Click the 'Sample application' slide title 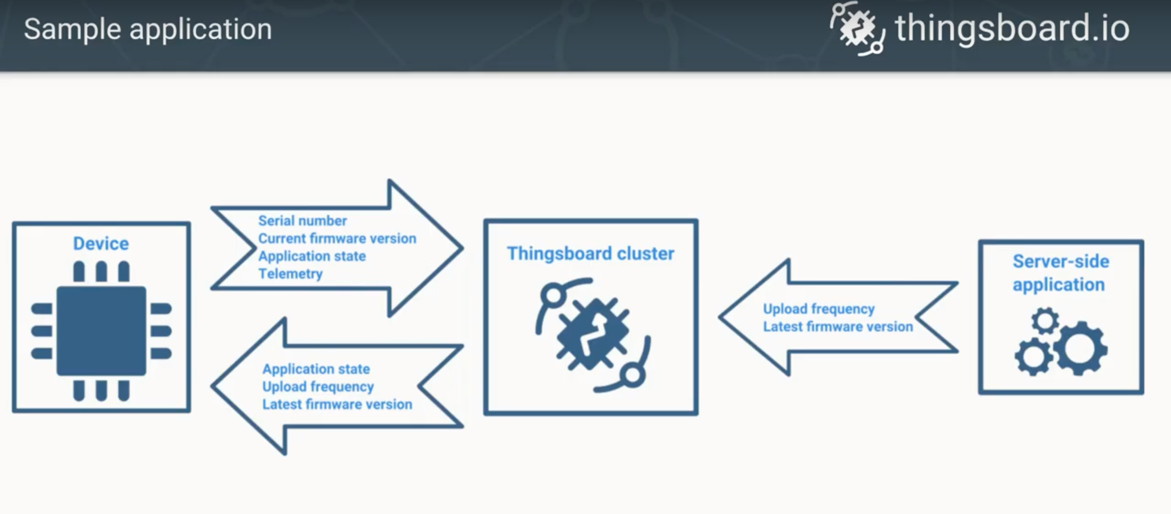point(148,30)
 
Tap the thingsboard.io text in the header point(1012,28)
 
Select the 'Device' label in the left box point(101,244)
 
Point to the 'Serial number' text point(302,221)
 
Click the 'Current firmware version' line point(337,239)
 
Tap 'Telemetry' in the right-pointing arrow point(291,274)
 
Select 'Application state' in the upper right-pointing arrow point(312,256)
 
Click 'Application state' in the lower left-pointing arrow point(316,368)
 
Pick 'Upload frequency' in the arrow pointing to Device point(318,386)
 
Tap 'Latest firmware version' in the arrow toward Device point(337,404)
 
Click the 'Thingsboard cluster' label point(590,254)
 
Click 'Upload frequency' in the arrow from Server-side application point(818,309)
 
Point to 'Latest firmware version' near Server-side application point(837,327)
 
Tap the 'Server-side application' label point(1061,273)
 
